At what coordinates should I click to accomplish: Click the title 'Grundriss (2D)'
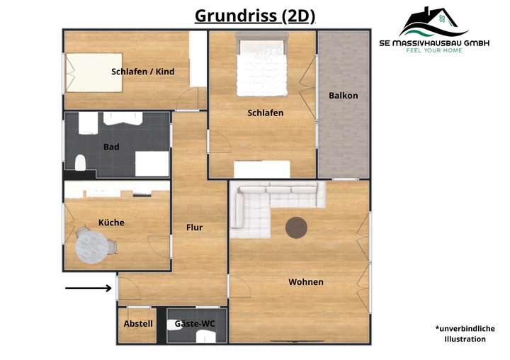255,16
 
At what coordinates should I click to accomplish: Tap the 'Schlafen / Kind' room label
142,72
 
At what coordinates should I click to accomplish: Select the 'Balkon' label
344,96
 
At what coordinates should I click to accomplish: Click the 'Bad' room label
111,147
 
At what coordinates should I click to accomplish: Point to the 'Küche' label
111,223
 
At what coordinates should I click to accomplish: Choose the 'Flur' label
194,227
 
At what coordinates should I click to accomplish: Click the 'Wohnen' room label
306,282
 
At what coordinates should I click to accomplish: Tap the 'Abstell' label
138,324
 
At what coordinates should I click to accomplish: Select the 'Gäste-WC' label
195,324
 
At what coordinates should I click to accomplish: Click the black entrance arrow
89,288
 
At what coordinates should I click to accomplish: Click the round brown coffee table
296,227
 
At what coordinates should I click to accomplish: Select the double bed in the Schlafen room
261,67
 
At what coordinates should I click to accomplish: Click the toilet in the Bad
79,164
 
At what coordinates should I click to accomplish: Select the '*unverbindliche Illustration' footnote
465,334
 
